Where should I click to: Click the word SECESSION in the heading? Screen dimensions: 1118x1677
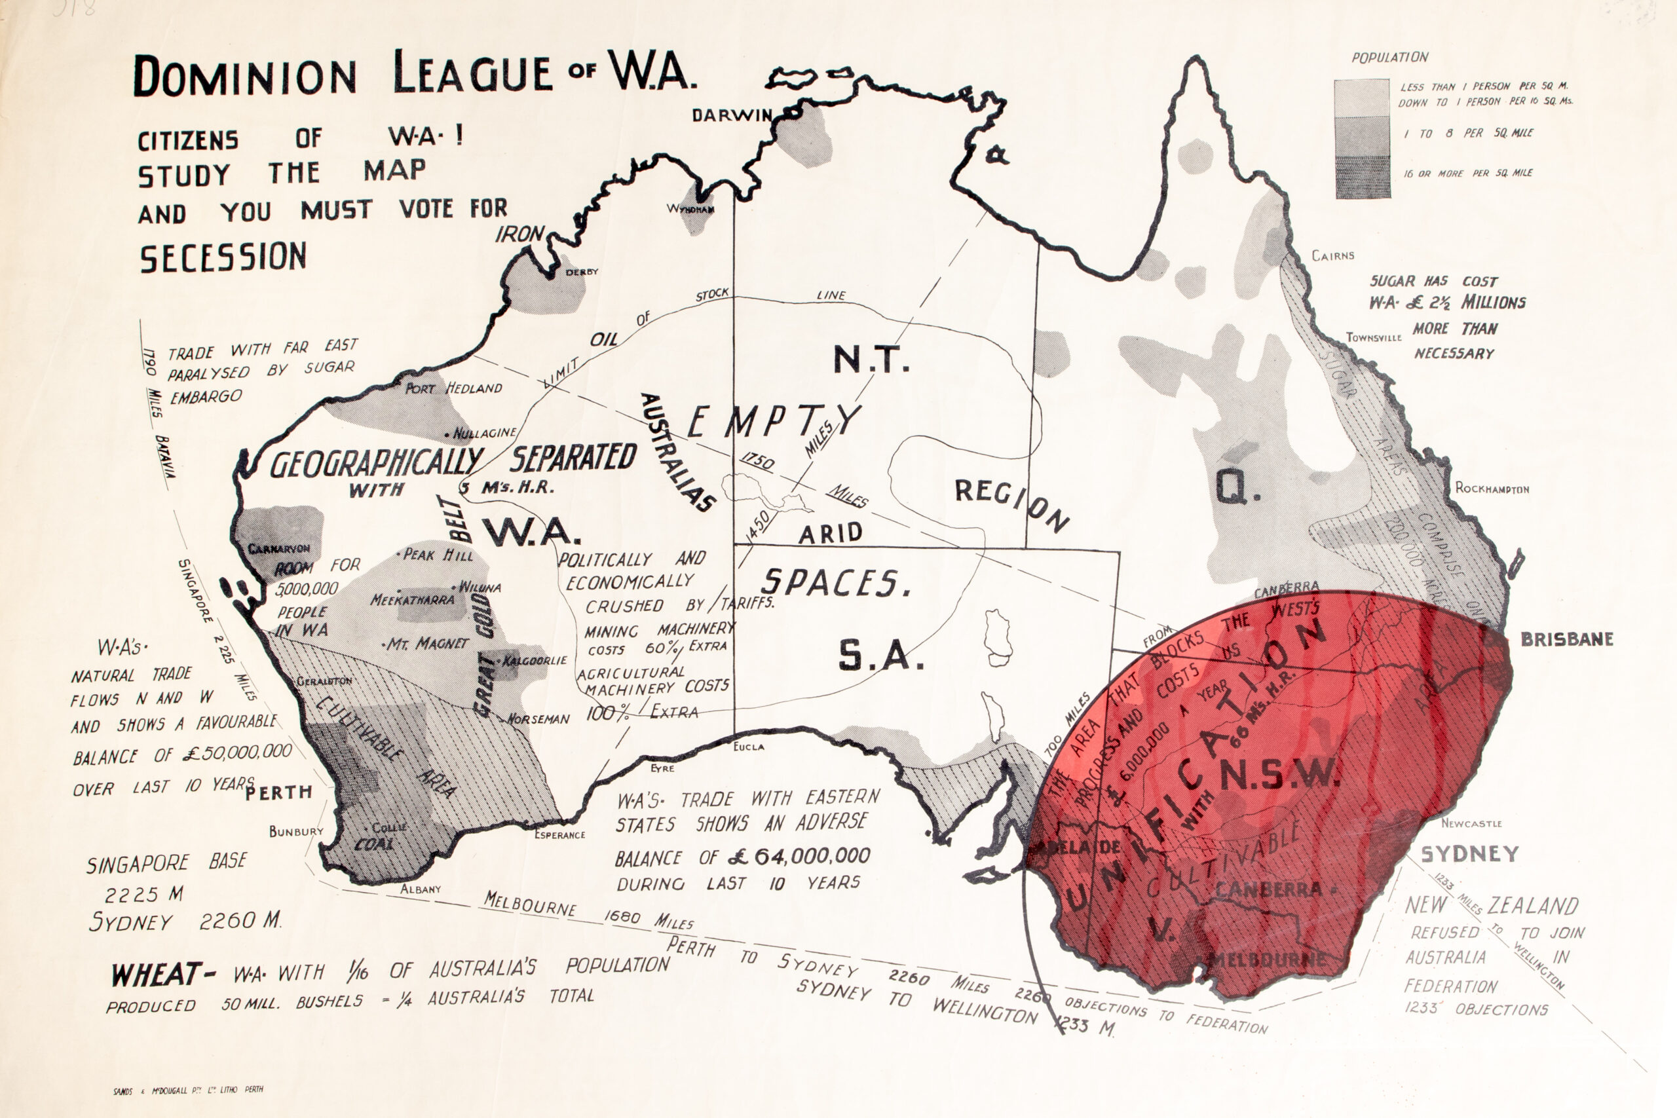223,257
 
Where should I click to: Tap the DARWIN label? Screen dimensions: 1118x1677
731,115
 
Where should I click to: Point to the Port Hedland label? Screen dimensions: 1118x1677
453,388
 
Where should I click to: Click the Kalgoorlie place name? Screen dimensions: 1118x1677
535,661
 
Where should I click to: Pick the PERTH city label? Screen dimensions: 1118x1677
279,792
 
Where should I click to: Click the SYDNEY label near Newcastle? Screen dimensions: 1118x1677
1469,854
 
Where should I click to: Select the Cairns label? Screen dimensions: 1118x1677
1332,255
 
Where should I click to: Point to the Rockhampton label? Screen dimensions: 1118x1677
1492,489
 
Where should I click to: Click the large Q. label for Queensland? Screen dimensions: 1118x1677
1238,487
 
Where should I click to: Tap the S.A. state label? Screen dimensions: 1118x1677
880,656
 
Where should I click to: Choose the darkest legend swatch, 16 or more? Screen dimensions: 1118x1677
1362,177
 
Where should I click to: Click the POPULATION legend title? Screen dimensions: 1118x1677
1389,58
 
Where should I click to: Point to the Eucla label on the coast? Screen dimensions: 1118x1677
749,747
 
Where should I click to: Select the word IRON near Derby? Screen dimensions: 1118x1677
519,234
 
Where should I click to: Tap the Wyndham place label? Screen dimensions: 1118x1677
690,209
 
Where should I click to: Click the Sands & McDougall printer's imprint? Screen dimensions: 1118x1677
188,1090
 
